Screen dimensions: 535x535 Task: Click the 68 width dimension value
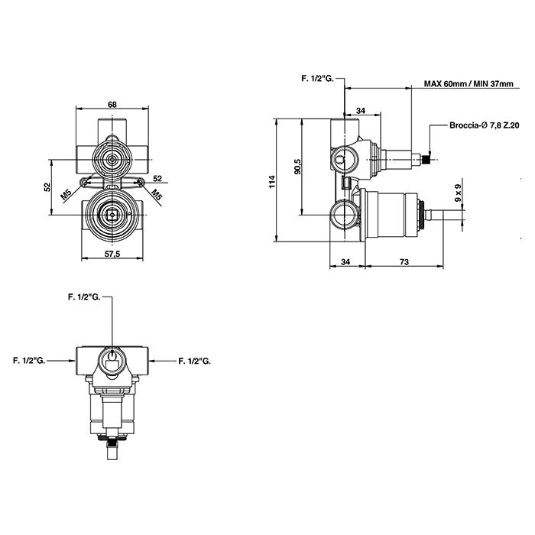pos(112,105)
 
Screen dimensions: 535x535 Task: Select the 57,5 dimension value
pos(112,254)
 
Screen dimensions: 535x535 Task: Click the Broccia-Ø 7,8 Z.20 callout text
pos(485,125)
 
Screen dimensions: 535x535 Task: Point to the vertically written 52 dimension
pos(47,186)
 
